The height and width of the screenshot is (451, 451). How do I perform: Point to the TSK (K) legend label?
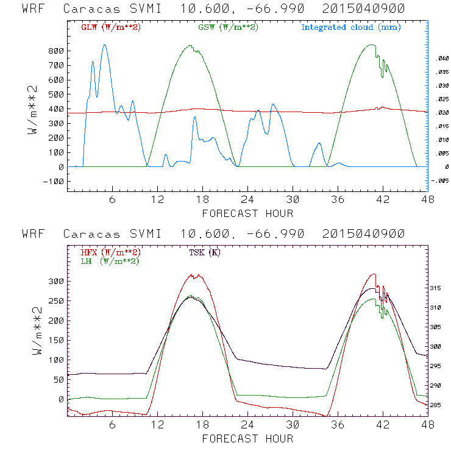[206, 252]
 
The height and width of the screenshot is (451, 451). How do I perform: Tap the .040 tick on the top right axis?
[441, 58]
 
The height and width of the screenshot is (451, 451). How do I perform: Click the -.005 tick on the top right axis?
[439, 181]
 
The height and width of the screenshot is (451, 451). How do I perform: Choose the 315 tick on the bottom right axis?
[441, 288]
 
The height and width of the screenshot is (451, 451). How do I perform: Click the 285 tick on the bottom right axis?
[441, 405]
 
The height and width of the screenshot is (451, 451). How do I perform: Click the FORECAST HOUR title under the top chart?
[247, 213]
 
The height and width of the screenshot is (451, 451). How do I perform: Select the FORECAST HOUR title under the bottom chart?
[247, 439]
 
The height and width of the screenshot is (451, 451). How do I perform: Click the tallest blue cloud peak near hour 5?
[104, 44]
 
